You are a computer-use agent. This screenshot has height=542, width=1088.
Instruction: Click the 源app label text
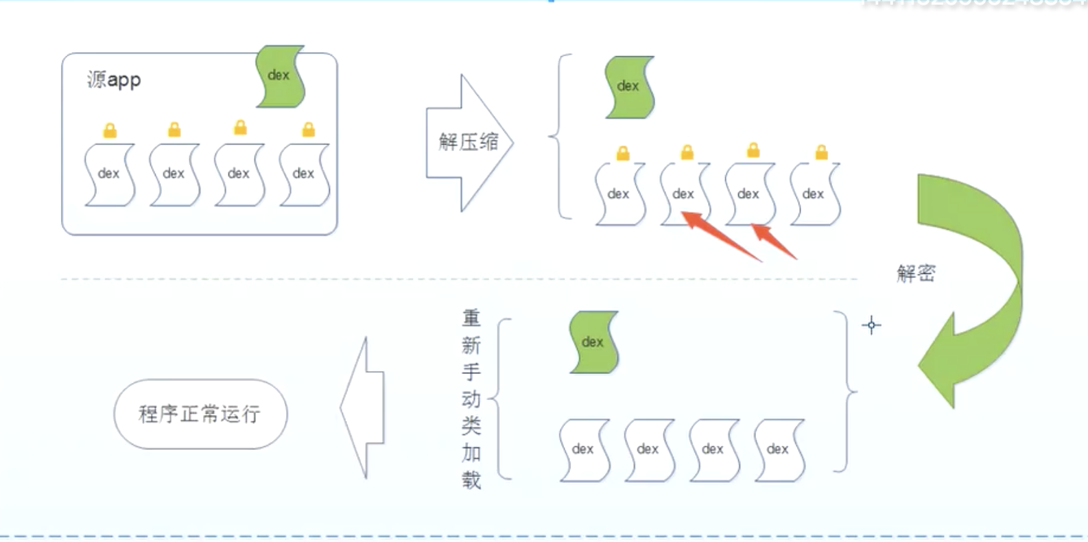click(x=114, y=80)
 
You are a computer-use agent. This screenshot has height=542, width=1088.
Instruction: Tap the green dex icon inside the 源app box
click(x=280, y=76)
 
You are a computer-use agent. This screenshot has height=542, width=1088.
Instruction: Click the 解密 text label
click(x=916, y=274)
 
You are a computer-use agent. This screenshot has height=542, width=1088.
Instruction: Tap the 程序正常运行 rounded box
click(x=200, y=414)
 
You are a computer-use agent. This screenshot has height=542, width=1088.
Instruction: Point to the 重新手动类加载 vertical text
click(x=471, y=399)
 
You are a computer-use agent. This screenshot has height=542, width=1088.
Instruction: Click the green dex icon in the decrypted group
click(x=593, y=342)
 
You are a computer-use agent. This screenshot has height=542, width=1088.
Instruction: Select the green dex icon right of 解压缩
click(x=629, y=86)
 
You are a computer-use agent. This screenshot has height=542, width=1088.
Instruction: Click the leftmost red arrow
click(x=720, y=236)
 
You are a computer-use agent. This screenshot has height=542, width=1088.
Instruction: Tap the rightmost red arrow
click(x=775, y=241)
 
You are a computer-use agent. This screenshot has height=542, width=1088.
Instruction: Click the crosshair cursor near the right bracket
click(x=871, y=325)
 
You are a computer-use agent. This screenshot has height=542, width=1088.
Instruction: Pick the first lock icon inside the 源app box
click(x=110, y=130)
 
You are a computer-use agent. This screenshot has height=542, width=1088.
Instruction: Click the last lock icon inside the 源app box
click(x=309, y=129)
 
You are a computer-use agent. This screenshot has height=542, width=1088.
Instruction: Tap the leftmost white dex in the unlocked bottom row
click(x=584, y=449)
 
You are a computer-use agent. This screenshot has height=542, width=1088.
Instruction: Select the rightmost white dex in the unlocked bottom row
click(x=779, y=449)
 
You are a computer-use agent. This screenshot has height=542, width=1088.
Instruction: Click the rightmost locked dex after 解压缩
click(x=814, y=194)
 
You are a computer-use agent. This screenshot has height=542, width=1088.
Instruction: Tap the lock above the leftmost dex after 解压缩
click(x=623, y=153)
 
